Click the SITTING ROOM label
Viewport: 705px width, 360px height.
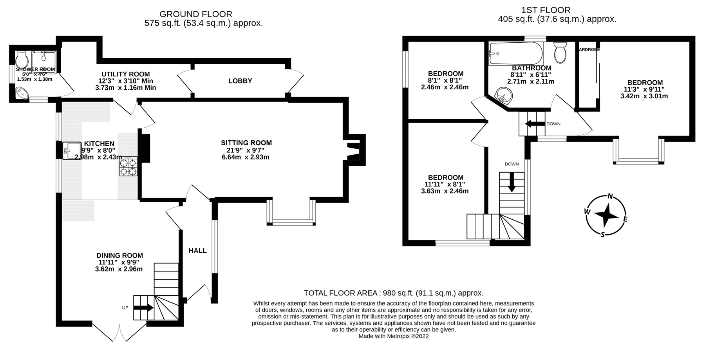coord(246,143)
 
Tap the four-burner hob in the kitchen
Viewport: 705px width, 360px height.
coord(128,166)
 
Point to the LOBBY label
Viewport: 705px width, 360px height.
coord(240,81)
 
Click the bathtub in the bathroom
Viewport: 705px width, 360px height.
coord(516,54)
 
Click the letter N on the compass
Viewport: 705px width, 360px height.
coord(610,197)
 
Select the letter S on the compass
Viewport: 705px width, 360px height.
coord(603,234)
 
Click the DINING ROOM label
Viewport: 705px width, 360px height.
coord(119,255)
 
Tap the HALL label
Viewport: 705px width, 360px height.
coord(197,251)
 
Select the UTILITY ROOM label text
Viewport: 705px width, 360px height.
coord(125,74)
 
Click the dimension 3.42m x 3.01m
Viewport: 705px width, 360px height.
coord(644,96)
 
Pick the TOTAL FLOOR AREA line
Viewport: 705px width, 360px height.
coord(393,293)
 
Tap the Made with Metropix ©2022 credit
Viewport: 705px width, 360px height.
coord(393,336)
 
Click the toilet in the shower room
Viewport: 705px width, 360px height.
coord(22,60)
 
